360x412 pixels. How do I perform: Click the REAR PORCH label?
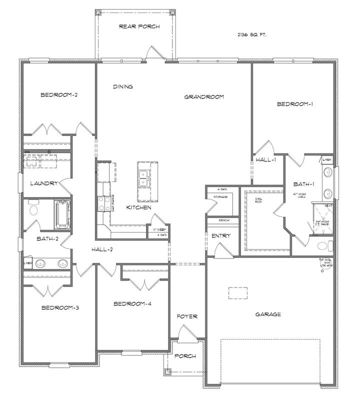[x=139, y=26]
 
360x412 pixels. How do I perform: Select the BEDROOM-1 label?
[x=294, y=104]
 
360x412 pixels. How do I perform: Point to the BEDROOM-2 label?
[x=58, y=94]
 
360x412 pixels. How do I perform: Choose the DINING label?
[x=122, y=86]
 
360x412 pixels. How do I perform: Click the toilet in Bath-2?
[x=33, y=208]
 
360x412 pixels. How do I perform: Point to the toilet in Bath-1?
[x=326, y=245]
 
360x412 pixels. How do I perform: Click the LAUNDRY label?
[x=44, y=183]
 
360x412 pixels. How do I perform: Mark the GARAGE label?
[x=268, y=314]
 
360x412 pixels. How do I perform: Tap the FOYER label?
[x=187, y=316]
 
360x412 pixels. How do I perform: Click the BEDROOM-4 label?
[x=132, y=304]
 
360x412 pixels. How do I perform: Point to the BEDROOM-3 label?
[x=60, y=307]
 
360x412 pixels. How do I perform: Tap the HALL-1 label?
[x=265, y=160]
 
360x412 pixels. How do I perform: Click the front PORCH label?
[x=185, y=356]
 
